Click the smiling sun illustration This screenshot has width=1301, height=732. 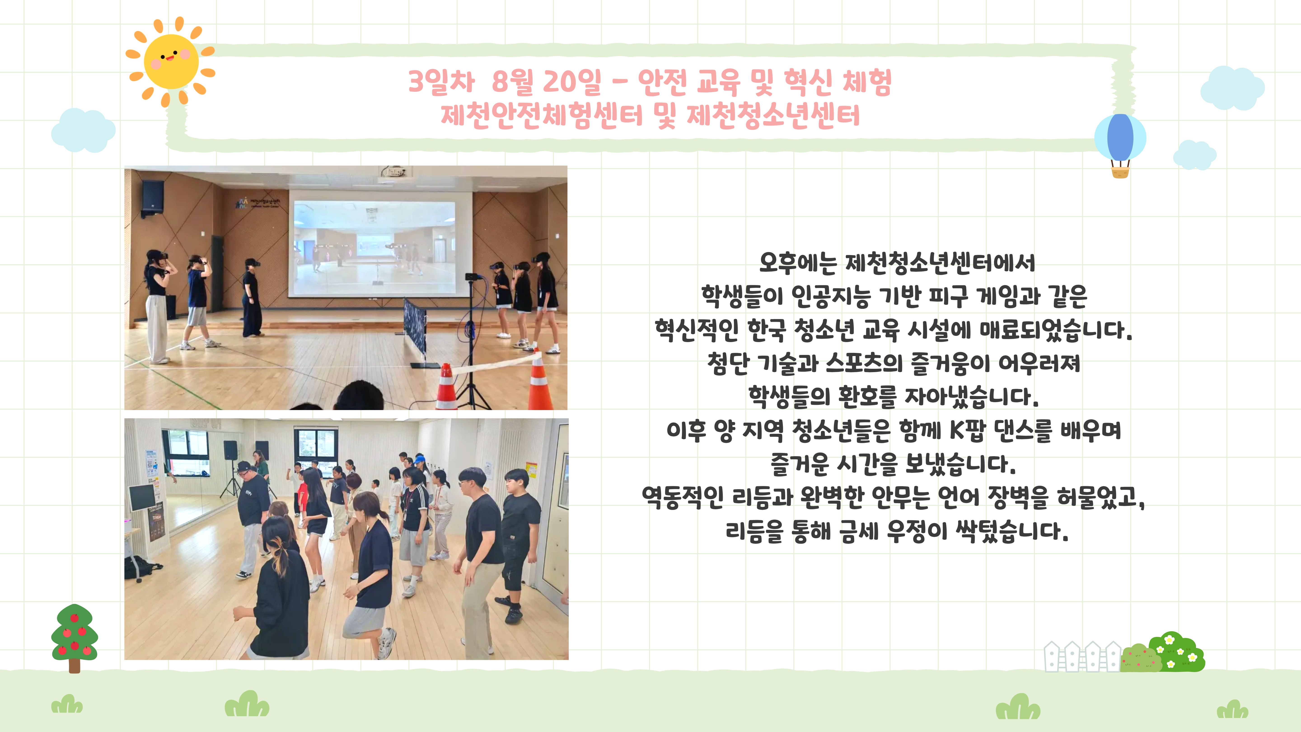[x=171, y=62]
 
